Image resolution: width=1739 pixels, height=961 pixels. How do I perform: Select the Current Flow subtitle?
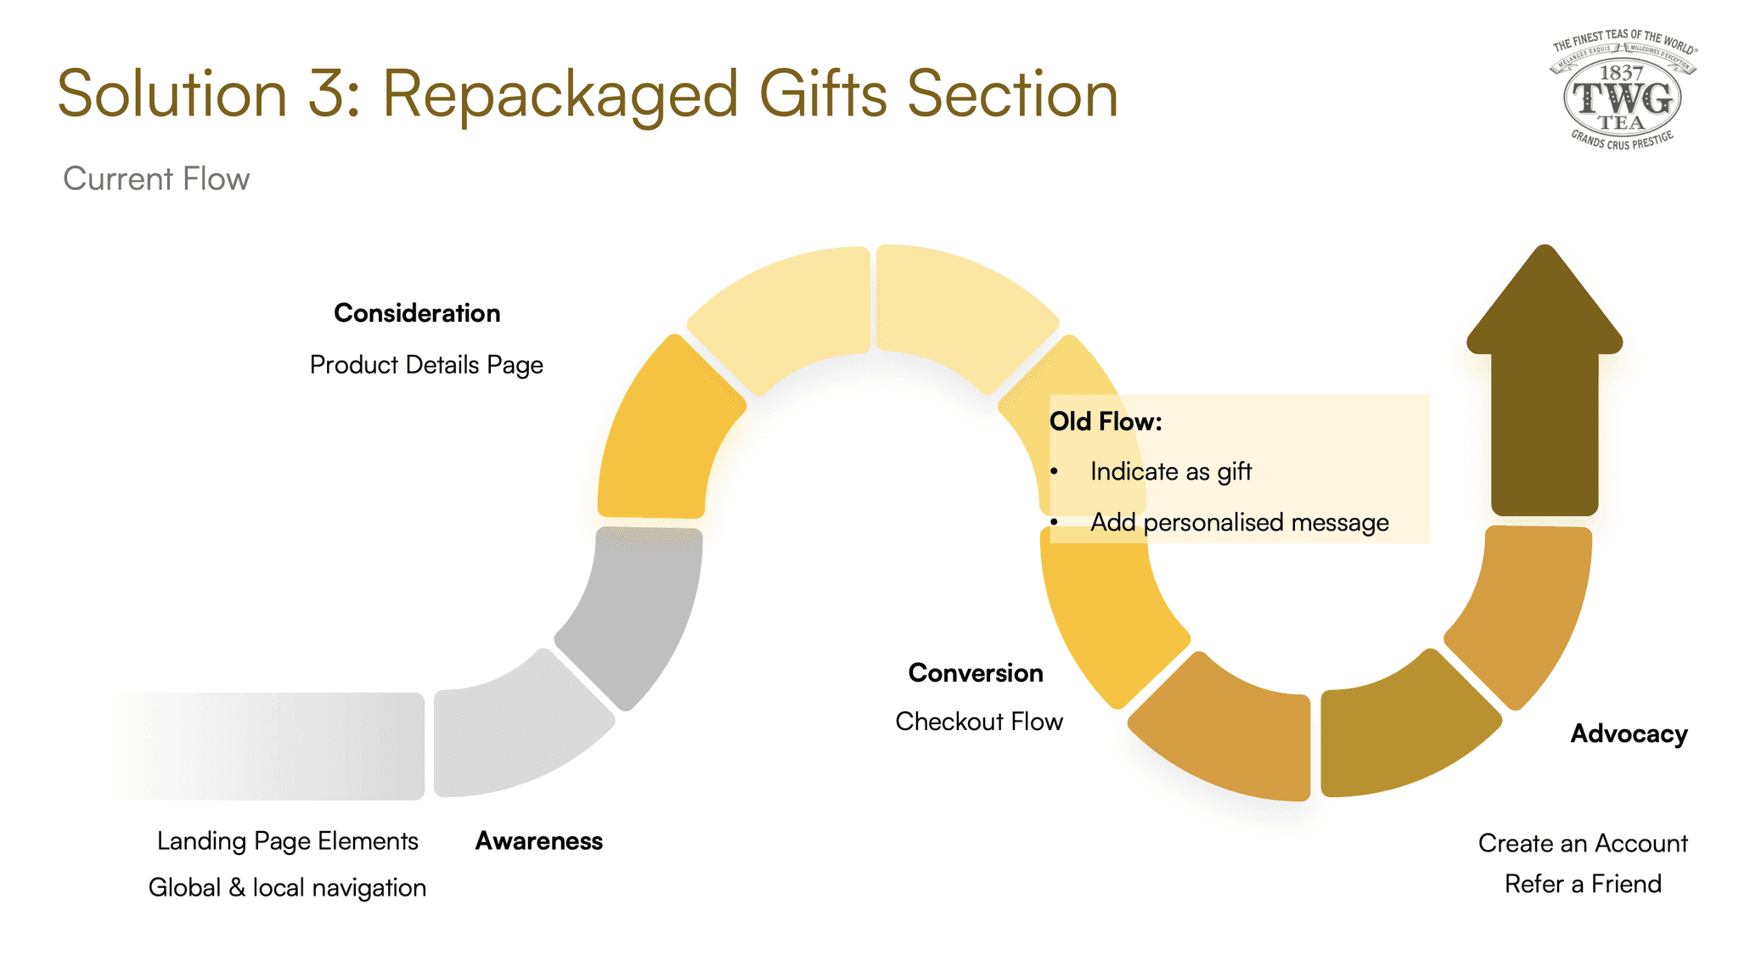(x=156, y=179)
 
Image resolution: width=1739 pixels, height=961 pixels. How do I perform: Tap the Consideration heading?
(x=417, y=313)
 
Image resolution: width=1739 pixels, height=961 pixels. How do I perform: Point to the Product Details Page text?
(x=426, y=365)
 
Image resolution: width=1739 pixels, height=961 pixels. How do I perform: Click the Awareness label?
(x=538, y=841)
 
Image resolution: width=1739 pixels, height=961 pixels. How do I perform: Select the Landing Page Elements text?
(x=287, y=841)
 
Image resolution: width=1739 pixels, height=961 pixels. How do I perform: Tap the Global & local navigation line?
(x=287, y=888)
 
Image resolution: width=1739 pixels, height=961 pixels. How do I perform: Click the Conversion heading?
(x=976, y=673)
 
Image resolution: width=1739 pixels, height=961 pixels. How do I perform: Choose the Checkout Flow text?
(x=979, y=722)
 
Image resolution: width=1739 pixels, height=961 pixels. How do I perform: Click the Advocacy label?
(x=1629, y=734)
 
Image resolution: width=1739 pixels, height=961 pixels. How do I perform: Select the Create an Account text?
(x=1583, y=844)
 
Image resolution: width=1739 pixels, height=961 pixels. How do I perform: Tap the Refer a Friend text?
(x=1583, y=885)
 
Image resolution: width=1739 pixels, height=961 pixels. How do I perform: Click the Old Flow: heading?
(x=1106, y=422)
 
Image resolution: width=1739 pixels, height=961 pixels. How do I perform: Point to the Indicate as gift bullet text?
(x=1171, y=472)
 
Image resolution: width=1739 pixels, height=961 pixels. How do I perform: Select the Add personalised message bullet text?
(x=1240, y=523)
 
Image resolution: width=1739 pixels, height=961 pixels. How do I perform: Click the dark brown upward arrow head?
(x=1545, y=306)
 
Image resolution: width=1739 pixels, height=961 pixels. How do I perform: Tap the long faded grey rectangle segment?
(x=272, y=746)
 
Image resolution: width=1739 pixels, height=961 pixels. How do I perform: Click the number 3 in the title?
(x=325, y=95)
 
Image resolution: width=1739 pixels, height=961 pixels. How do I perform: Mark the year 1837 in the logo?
(x=1622, y=73)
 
